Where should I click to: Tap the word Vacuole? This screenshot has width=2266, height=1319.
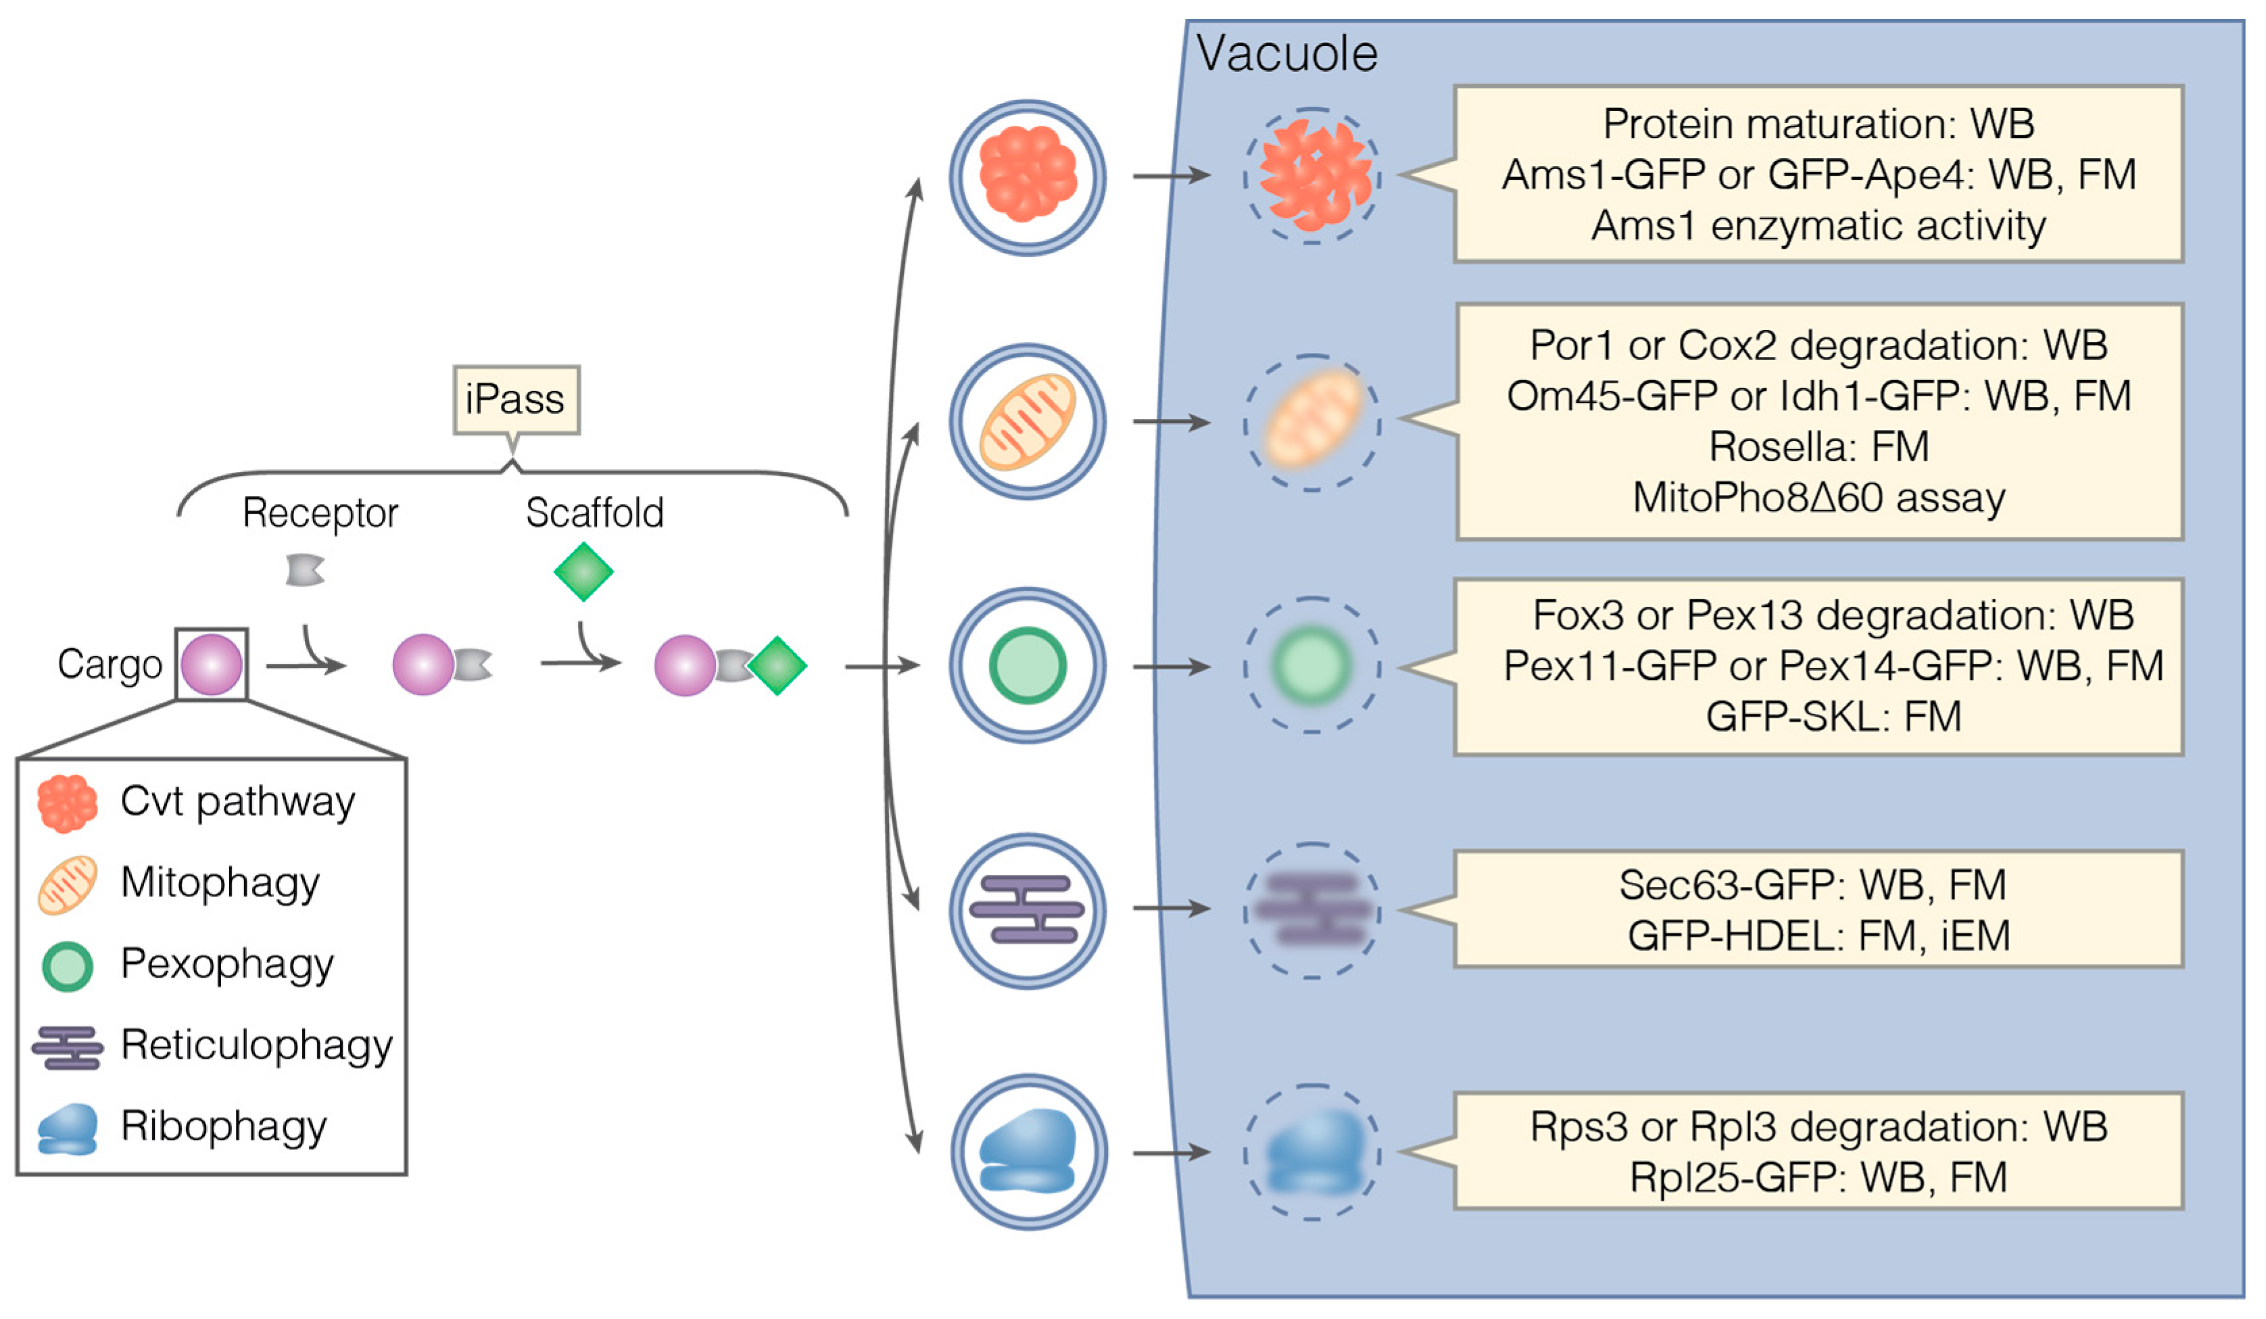1286,54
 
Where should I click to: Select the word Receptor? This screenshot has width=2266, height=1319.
320,512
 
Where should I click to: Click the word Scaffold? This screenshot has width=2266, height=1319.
594,512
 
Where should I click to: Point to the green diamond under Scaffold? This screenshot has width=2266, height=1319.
583,571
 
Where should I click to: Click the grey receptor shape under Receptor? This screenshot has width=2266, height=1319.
305,570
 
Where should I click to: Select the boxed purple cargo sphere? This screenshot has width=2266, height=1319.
212,665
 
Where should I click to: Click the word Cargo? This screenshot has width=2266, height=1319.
110,665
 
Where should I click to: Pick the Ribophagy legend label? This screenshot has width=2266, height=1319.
224,1126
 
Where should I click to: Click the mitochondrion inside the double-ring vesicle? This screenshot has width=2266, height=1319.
1027,422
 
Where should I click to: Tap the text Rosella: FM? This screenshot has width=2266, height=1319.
1818,447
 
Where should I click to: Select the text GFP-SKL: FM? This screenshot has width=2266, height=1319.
1833,717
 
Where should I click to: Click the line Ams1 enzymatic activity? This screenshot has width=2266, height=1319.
1818,226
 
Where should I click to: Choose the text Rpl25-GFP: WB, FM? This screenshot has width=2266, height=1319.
1818,1177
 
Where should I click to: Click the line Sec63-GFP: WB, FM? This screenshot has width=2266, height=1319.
1812,885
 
